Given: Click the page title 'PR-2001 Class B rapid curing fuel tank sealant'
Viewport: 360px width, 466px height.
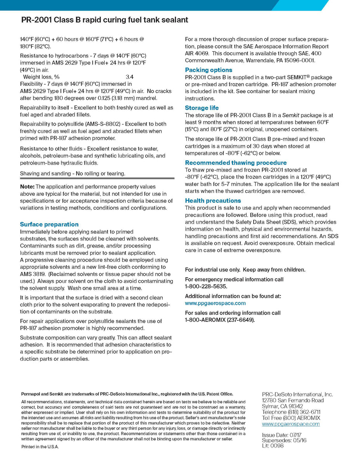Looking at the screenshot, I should (104, 20).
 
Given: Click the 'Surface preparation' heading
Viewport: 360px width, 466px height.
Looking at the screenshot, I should (49, 224).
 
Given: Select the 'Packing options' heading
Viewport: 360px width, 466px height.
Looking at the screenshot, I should (209, 70).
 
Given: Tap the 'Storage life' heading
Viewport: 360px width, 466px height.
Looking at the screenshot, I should (202, 108).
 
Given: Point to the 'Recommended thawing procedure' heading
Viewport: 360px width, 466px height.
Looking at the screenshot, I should (236, 163).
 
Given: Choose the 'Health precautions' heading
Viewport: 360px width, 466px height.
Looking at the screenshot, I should (213, 201).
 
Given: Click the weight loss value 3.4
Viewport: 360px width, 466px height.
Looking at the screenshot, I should (130, 77).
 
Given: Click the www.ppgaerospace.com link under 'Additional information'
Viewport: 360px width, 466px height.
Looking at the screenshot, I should (215, 303).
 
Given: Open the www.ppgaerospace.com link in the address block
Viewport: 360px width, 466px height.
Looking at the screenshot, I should (291, 424).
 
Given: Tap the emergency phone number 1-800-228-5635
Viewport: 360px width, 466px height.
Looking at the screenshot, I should (205, 287).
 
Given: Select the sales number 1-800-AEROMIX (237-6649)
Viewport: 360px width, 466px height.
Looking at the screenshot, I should (220, 320).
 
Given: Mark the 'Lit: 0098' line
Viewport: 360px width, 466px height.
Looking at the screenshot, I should (273, 446).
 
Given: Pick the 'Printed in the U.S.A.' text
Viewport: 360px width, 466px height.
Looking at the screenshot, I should (40, 447).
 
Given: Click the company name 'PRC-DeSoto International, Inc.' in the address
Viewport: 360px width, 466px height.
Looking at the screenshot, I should (297, 395).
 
